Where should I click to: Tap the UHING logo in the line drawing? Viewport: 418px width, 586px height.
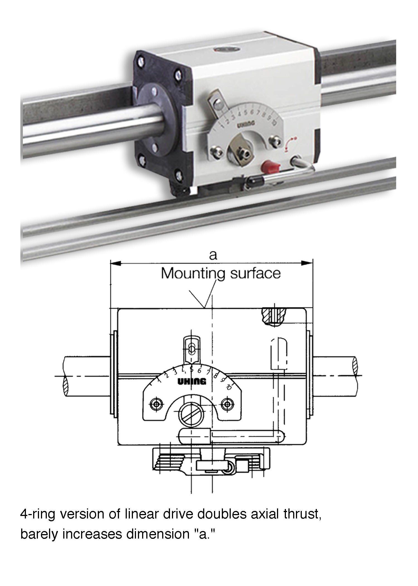point(192,381)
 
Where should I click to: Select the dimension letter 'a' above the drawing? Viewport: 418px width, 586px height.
point(213,255)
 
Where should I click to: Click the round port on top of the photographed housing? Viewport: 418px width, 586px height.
point(227,49)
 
